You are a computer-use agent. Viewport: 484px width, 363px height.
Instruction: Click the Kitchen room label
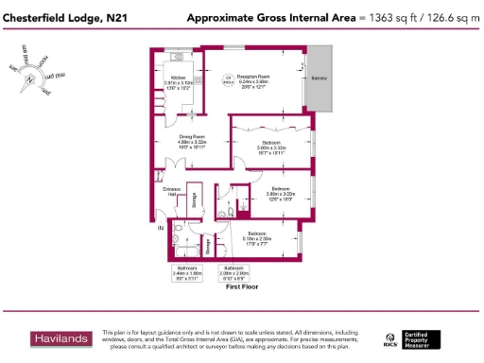(177, 78)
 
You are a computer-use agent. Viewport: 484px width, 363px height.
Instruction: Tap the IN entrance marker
(161, 228)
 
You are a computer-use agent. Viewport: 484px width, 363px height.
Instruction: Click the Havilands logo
(60, 337)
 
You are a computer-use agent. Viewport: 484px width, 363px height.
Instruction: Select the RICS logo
(389, 338)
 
